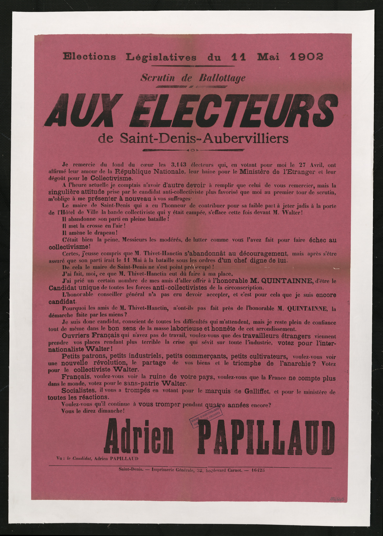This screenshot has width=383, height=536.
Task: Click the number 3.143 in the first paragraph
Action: point(179,165)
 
